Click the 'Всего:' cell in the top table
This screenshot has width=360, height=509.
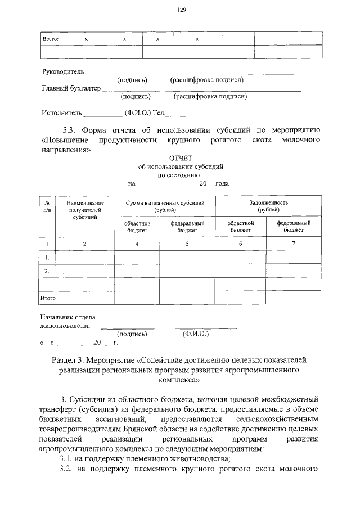click(x=51, y=39)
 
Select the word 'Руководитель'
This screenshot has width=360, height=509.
click(x=63, y=72)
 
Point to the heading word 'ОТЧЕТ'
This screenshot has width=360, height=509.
click(x=181, y=159)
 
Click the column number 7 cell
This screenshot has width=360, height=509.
click(x=293, y=244)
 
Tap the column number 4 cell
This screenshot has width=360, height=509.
click(x=137, y=244)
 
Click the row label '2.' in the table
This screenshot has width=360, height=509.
click(x=47, y=271)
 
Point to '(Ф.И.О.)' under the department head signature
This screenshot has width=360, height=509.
click(x=196, y=334)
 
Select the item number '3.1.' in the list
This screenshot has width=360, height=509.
click(x=69, y=459)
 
